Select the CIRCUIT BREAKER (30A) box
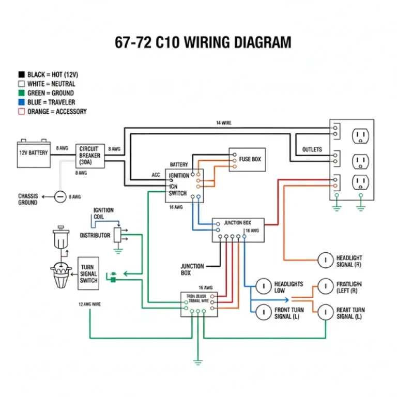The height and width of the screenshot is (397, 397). tap(90, 155)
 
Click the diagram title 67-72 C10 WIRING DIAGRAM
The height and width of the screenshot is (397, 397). tap(203, 42)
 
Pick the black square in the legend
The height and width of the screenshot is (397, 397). tap(22, 74)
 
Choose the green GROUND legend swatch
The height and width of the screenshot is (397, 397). tap(22, 93)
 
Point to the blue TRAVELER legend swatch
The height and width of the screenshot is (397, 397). tap(22, 102)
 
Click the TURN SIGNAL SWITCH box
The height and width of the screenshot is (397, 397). tap(88, 274)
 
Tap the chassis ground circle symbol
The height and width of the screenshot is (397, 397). tap(60, 196)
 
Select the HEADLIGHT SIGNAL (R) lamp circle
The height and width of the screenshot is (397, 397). tap(325, 260)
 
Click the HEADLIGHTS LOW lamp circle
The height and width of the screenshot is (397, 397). tap(264, 286)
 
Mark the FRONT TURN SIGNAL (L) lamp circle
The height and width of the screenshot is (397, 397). tap(264, 312)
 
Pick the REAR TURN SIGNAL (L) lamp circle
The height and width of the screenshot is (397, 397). tap(325, 312)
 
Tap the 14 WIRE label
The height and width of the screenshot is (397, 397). tap(223, 123)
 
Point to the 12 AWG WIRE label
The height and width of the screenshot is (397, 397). tap(89, 304)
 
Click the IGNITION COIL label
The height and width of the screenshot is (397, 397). tap(103, 213)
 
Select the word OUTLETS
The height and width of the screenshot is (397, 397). tap(312, 150)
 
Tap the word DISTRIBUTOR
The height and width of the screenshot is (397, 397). tap(95, 235)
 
